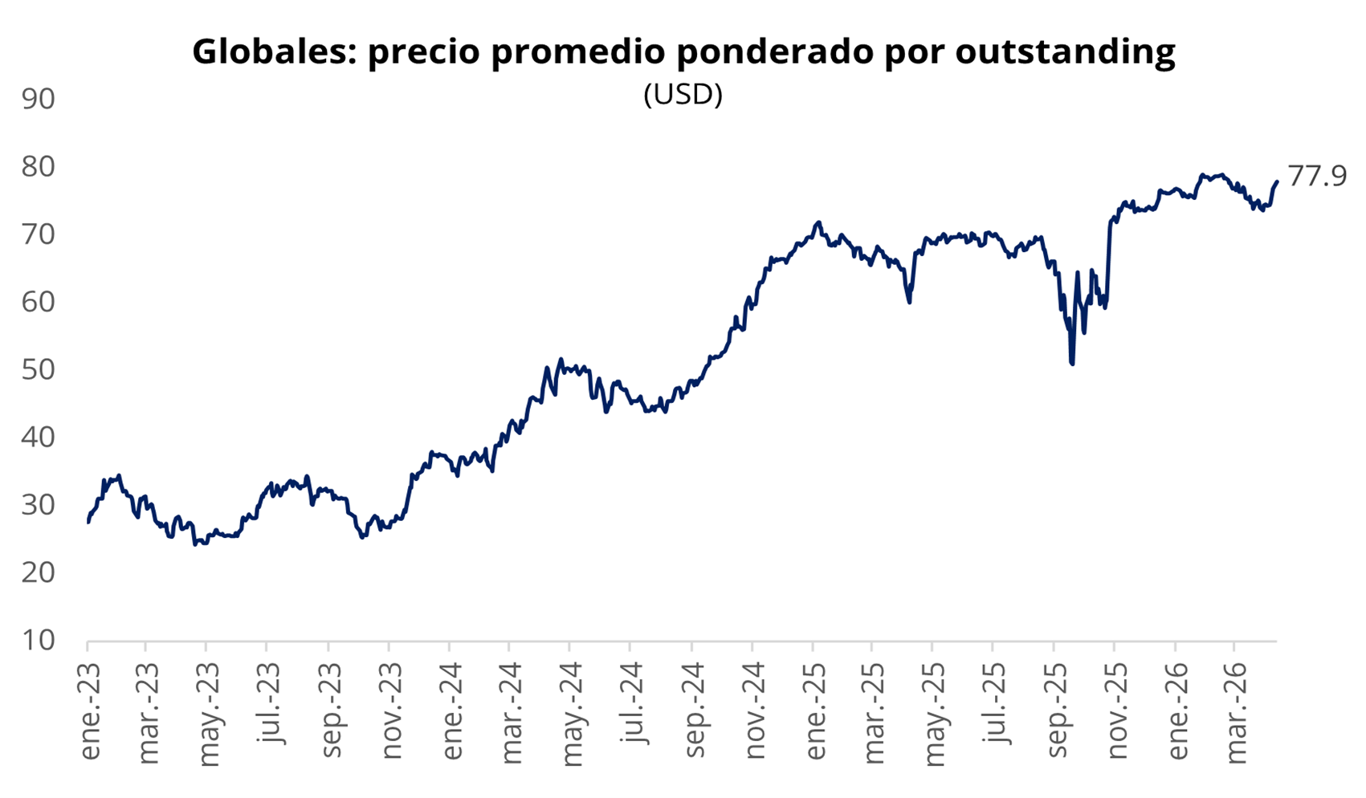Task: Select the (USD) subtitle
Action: (x=683, y=95)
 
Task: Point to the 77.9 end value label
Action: (x=1317, y=175)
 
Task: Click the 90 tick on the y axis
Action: (x=39, y=99)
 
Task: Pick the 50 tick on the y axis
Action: (x=39, y=369)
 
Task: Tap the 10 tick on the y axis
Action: (x=39, y=640)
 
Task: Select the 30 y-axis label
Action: (x=39, y=505)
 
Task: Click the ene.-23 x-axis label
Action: (x=91, y=711)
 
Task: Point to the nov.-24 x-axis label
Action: (x=754, y=711)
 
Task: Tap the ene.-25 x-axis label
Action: (x=815, y=711)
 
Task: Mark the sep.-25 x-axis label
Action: (x=1057, y=711)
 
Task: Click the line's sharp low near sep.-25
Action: (x=1072, y=363)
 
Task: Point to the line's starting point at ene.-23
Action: (x=88, y=522)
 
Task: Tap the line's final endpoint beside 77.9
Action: (x=1276, y=181)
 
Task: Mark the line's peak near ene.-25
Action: (x=818, y=222)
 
